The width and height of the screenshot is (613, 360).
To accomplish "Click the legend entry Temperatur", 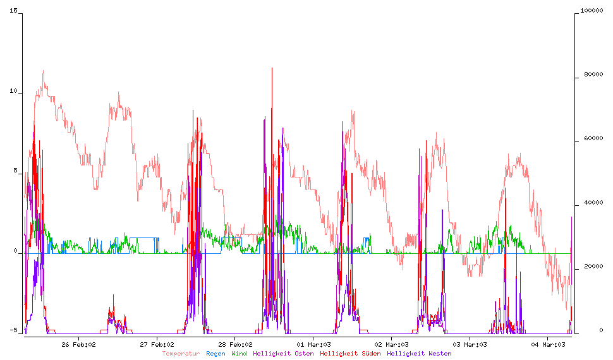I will pos(180,354).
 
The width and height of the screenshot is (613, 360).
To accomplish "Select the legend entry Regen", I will pos(215,354).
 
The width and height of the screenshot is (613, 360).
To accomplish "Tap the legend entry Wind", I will pos(239,354).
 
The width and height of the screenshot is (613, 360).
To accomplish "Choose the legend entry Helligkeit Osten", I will pos(283,354).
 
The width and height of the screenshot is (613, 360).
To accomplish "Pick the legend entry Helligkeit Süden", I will pos(350,354).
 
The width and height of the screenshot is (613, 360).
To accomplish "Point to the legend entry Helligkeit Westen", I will pos(419,354).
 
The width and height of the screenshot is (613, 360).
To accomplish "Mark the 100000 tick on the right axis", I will pos(590,12).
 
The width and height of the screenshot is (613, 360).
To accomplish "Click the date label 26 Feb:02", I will pos(78,344).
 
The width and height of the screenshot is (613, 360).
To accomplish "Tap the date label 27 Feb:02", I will pos(157,344).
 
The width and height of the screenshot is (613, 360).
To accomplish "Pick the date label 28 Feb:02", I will pos(235,344).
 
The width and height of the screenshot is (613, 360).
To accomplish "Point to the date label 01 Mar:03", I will pos(313,344).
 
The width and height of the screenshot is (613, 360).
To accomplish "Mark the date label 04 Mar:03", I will pos(548,344).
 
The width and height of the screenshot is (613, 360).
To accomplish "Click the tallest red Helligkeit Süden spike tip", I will pos(272,68).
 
